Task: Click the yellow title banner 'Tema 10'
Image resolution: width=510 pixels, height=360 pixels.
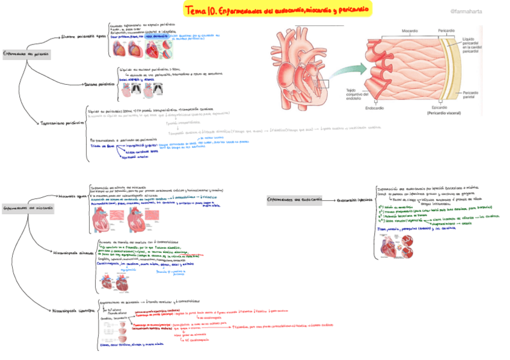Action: [x=278, y=10]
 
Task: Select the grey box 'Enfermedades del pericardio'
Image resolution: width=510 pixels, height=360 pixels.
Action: [x=26, y=54]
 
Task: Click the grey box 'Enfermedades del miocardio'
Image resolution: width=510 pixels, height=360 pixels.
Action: [x=27, y=208]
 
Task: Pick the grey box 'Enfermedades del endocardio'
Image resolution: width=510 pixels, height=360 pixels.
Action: [x=295, y=200]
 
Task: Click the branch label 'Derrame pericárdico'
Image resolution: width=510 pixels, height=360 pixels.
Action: [x=98, y=84]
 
